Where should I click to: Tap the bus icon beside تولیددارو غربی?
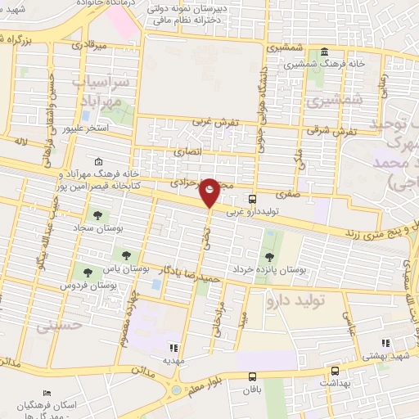(x=251, y=198)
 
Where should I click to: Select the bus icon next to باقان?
(x=251, y=376)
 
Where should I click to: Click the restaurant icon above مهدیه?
(x=172, y=346)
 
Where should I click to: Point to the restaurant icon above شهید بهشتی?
(x=385, y=343)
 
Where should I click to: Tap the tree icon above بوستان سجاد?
(x=97, y=215)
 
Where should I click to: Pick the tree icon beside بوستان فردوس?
(x=87, y=273)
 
